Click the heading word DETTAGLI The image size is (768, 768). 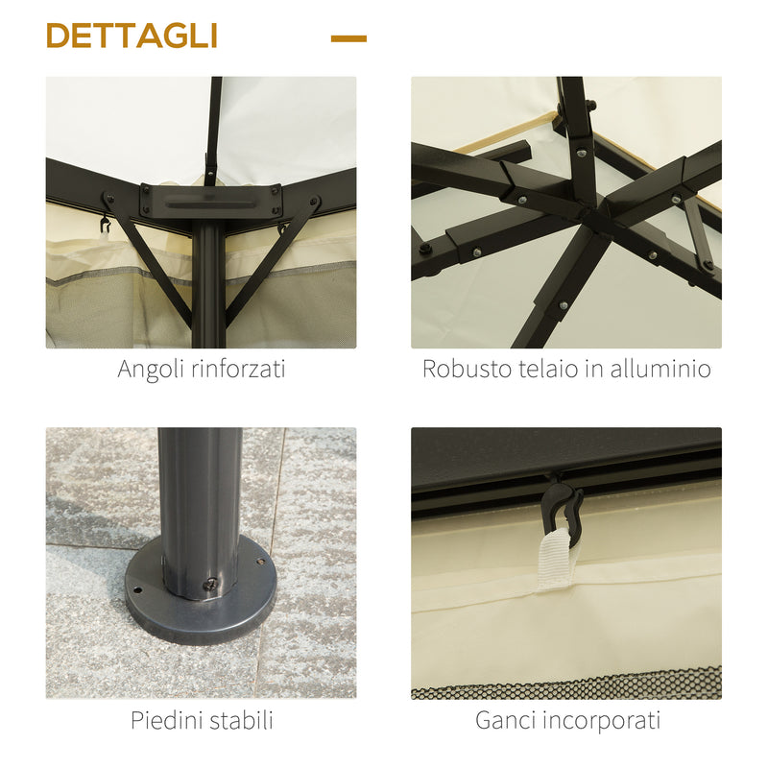132,36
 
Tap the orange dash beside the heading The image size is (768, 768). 348,38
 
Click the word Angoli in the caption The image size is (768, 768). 153,369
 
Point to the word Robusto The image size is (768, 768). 466,369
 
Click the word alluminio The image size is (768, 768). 660,369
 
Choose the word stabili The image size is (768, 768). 239,719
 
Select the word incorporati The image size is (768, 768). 605,720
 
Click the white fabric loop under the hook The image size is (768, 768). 556,561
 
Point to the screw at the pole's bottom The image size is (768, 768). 208,583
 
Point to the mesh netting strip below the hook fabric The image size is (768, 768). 566,684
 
